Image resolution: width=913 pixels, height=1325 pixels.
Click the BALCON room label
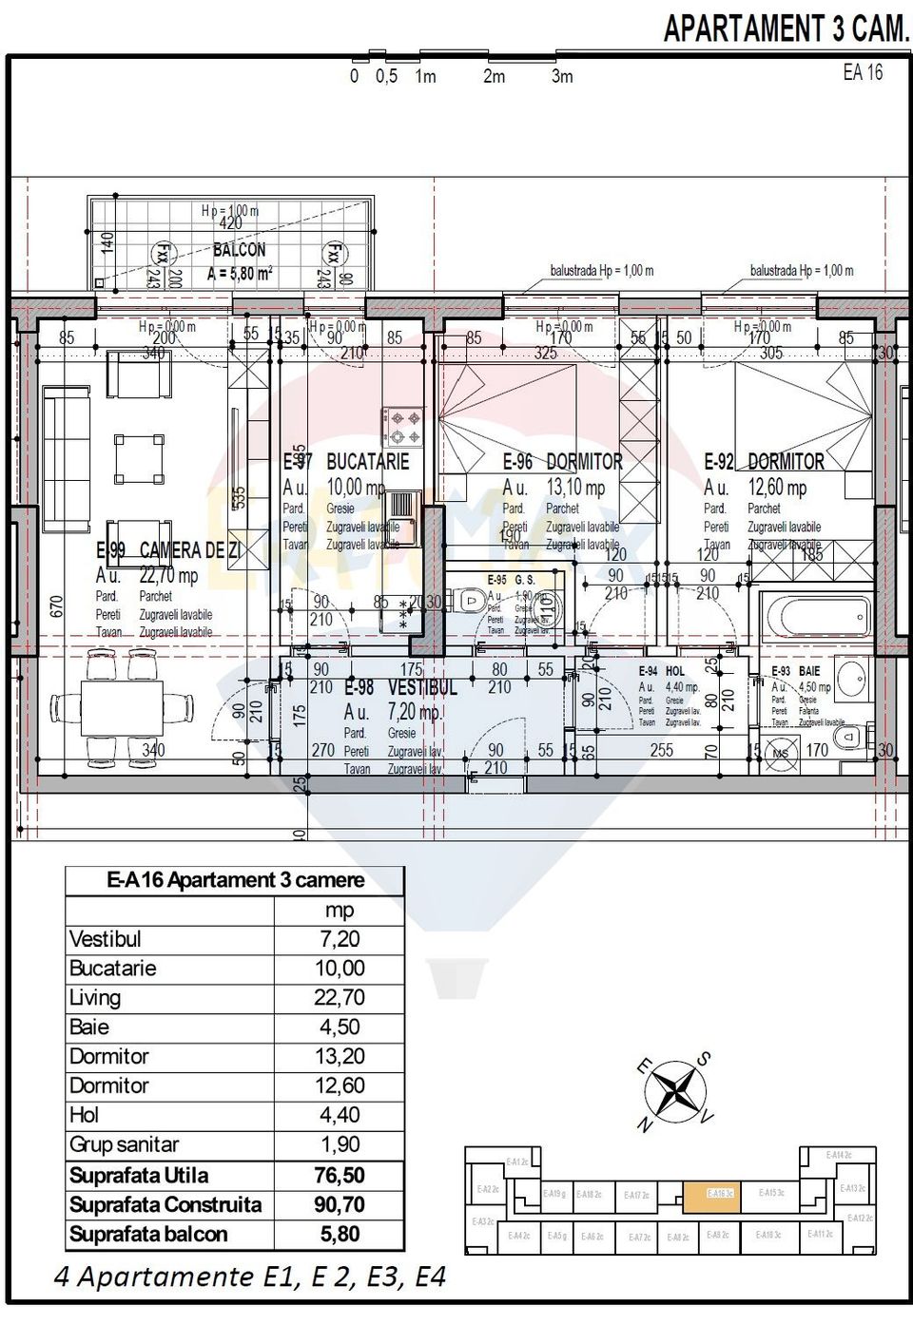pyautogui.click(x=239, y=250)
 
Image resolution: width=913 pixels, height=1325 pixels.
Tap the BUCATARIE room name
pyautogui.click(x=367, y=462)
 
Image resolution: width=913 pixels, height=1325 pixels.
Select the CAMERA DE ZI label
pyautogui.click(x=189, y=550)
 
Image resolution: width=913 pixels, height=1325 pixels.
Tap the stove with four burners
pyautogui.click(x=403, y=427)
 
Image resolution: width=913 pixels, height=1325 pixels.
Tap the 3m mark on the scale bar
pyautogui.click(x=562, y=77)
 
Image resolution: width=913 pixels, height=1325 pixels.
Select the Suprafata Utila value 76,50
pyautogui.click(x=339, y=1175)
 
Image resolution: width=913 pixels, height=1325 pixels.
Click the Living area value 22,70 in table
pyautogui.click(x=339, y=997)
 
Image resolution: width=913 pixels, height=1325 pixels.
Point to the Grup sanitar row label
pyautogui.click(x=124, y=1144)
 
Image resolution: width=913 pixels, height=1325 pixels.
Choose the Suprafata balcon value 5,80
pyautogui.click(x=339, y=1235)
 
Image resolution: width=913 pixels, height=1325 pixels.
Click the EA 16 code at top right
pyautogui.click(x=863, y=72)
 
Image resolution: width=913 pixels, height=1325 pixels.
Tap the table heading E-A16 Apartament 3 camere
pyautogui.click(x=235, y=880)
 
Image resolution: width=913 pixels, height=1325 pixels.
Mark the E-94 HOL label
pyautogui.click(x=662, y=671)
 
